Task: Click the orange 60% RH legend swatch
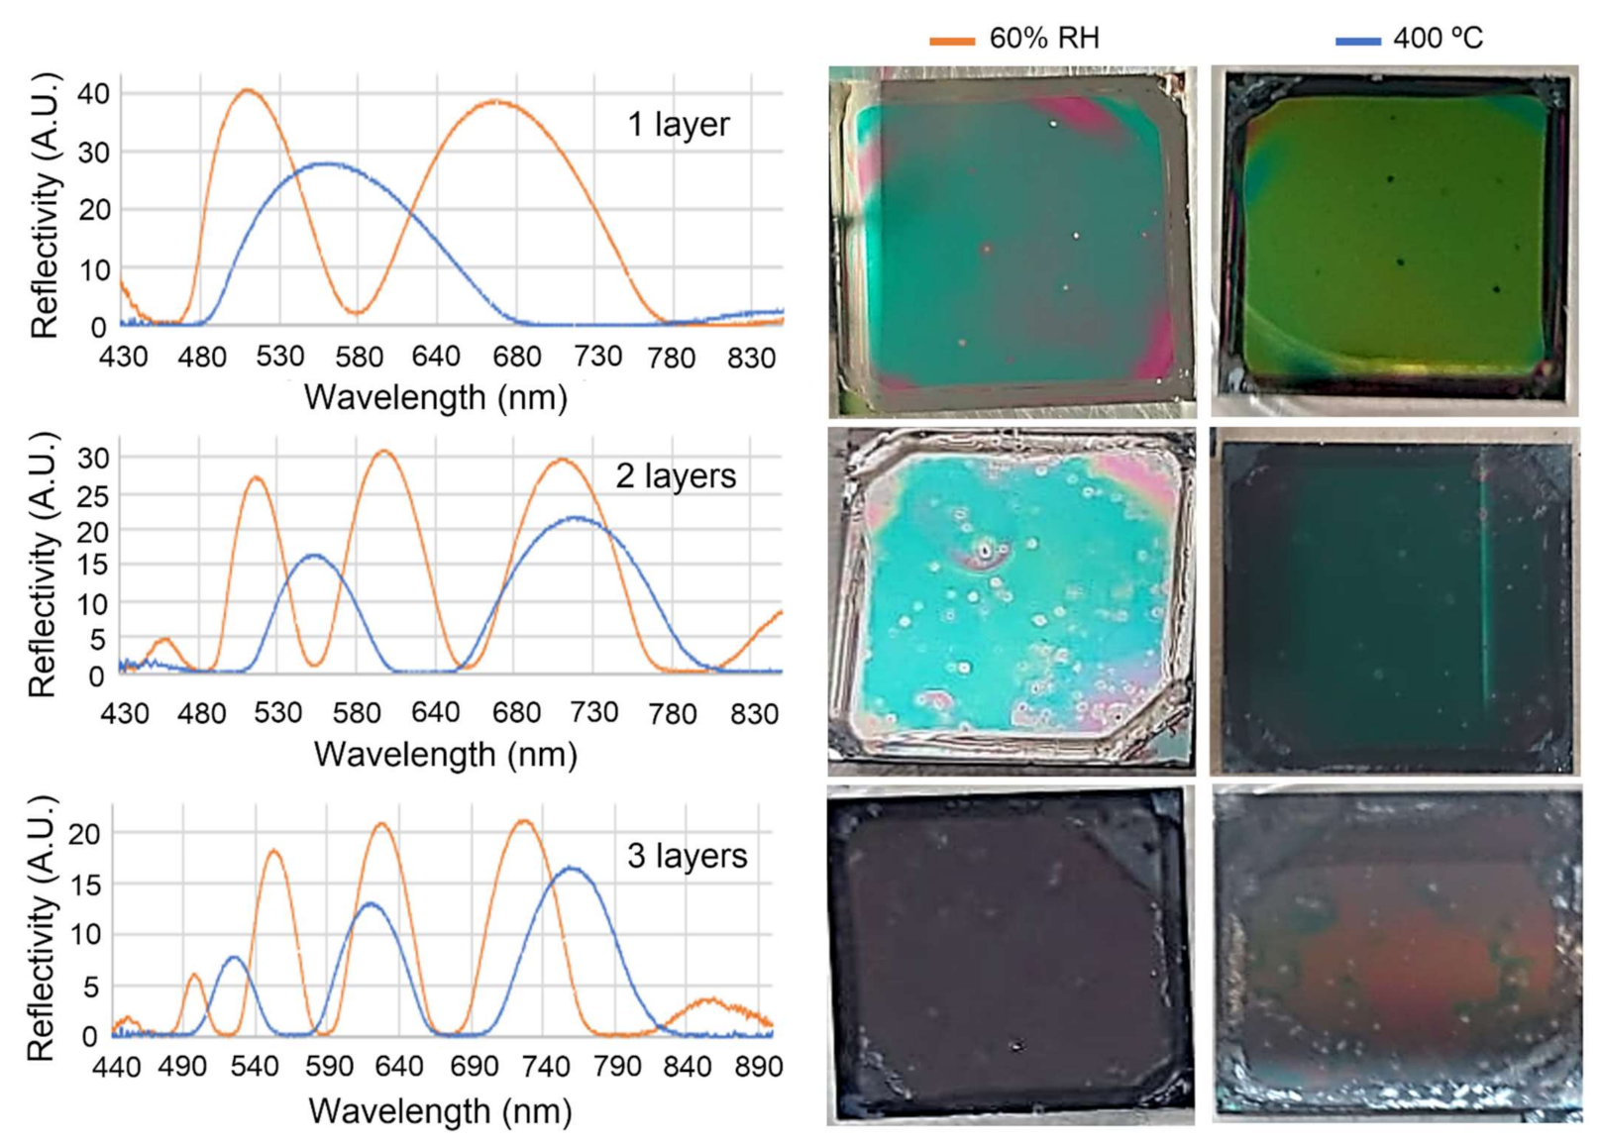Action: pos(951,42)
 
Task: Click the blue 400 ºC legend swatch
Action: pos(1357,42)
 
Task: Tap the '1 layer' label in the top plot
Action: pos(678,125)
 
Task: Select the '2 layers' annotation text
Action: pos(676,476)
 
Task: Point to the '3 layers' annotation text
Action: pos(687,856)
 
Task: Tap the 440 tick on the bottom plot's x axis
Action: pos(117,1067)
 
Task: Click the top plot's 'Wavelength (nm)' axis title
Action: pos(435,398)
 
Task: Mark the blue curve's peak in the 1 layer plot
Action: pos(327,163)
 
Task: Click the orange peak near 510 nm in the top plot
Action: pos(248,90)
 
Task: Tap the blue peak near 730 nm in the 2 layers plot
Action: pos(577,517)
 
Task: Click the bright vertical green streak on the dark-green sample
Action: pos(1484,584)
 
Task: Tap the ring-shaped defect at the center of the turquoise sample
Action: pos(985,550)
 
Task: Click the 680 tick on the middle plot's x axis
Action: pos(516,713)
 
